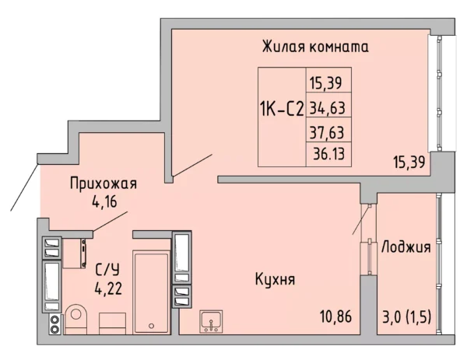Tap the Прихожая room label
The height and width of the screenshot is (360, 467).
pos(103,184)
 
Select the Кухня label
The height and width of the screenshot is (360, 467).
pos(275,278)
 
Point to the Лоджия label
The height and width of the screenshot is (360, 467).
pos(406,247)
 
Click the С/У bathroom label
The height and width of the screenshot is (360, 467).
pos(107,271)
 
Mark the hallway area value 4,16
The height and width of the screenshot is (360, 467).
pos(103,204)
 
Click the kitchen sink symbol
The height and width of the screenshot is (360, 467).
pos(211,320)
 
